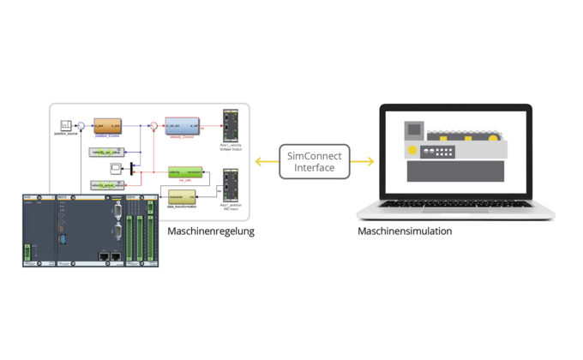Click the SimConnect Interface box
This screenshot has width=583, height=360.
click(315, 161)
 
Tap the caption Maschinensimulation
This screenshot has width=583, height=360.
click(405, 231)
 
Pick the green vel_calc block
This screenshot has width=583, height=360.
click(185, 172)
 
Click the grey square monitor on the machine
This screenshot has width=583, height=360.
click(414, 129)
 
